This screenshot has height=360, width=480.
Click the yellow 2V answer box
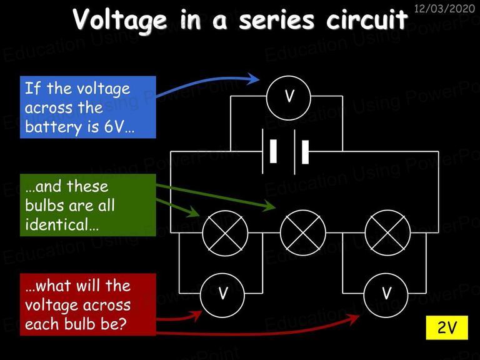pos(447,327)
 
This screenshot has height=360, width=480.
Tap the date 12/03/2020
pos(444,9)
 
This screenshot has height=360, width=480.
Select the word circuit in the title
pos(367,19)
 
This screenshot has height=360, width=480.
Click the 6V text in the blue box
pos(113,126)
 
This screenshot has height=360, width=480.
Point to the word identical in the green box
pos(58,224)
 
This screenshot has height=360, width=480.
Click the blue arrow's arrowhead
pos(253,79)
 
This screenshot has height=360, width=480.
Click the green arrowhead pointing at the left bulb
pos(193,211)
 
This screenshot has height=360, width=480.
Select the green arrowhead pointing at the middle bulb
pos(269,206)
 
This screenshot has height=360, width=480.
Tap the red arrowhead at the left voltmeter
pos(196,315)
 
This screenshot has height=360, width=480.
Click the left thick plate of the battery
pos(273,151)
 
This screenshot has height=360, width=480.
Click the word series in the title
pos(277,19)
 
